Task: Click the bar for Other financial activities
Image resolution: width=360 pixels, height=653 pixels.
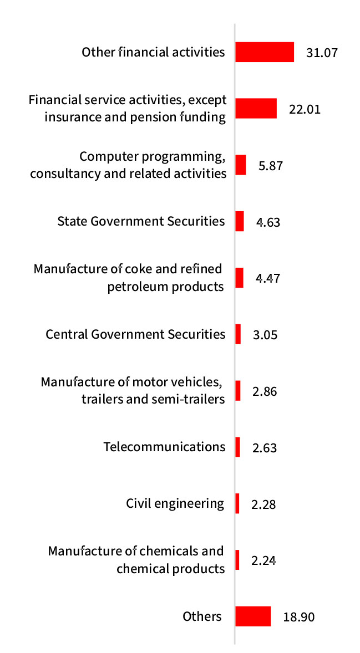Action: pos(265,52)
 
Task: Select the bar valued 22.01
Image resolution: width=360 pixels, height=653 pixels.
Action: pos(256,108)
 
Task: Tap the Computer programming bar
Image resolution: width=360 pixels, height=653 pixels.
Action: pos(241,165)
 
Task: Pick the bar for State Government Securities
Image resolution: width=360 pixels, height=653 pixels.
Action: pos(240,221)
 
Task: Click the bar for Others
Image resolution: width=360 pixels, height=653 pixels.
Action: pos(253,616)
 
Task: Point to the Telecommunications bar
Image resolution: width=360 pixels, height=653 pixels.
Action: pos(237,447)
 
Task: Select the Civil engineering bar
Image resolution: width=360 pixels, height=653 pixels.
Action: pos(237,503)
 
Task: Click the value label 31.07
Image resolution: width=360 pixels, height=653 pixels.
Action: pos(322,53)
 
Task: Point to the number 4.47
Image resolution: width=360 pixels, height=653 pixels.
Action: pos(267,278)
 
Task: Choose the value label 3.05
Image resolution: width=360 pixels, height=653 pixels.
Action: pos(265,335)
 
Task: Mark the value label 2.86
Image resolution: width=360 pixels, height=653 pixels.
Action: pos(264,392)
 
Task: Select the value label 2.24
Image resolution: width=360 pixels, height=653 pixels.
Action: pos(263,560)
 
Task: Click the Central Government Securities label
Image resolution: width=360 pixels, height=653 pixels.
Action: pos(135,334)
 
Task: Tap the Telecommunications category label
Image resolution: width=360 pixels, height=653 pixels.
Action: pos(164,446)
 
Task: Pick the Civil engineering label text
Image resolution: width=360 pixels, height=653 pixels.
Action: pos(175,503)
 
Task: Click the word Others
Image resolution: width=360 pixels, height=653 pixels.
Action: pos(202,616)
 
